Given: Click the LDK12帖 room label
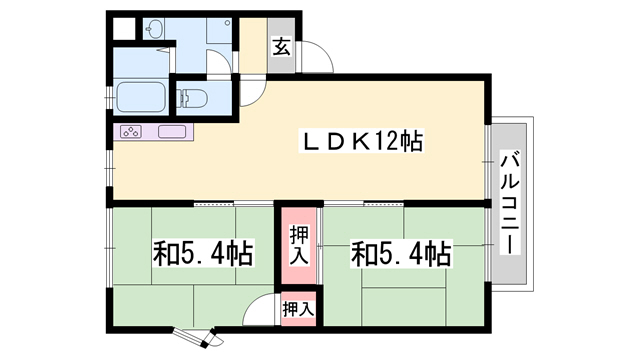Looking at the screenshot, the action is (x=361, y=142).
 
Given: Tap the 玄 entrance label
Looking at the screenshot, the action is (x=282, y=47).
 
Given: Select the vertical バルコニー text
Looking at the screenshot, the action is (x=509, y=202).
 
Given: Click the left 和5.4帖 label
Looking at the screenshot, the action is (x=203, y=253).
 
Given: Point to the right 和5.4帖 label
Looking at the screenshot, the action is (x=402, y=253).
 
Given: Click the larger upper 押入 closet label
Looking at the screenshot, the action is (x=299, y=245).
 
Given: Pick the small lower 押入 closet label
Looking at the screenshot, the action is (x=299, y=309).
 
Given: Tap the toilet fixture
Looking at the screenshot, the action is (x=192, y=98).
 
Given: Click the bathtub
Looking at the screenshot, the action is (x=141, y=97).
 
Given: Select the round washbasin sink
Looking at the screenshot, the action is (x=155, y=28).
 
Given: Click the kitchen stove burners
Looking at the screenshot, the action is (x=131, y=131).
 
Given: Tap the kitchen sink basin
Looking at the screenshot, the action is (x=172, y=131).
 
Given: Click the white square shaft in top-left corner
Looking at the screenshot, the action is (x=123, y=29).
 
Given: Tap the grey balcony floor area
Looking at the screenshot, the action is (x=509, y=204).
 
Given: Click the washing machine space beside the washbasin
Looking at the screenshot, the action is (x=219, y=31).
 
